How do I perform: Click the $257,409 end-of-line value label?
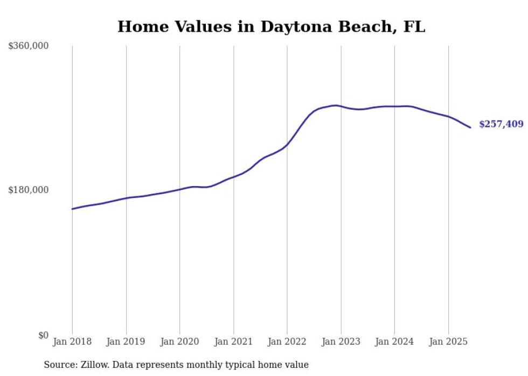tap(501, 124)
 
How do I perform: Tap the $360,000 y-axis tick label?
tap(29, 46)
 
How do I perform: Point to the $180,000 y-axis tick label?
tap(29, 190)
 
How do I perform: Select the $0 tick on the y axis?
tap(43, 335)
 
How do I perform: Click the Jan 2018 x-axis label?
tap(72, 342)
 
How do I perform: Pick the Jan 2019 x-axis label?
tap(126, 342)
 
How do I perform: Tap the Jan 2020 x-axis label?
tap(179, 342)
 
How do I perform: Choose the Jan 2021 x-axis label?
tap(233, 342)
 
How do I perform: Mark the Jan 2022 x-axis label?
tap(287, 342)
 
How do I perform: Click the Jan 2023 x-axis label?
tap(341, 342)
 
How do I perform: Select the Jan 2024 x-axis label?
tap(394, 342)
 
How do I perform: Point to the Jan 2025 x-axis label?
tap(448, 342)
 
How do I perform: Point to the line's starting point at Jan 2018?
tap(72, 209)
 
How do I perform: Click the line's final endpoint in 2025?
tap(470, 127)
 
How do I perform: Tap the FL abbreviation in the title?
tap(414, 26)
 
